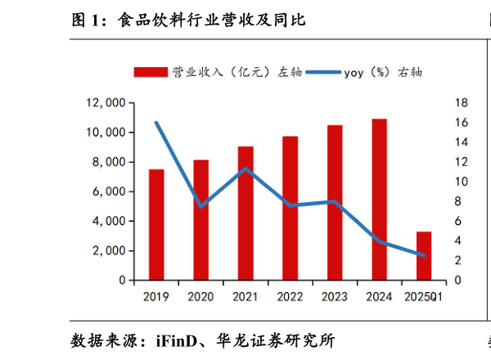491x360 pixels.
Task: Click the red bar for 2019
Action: (155, 224)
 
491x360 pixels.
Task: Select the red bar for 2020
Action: (200, 219)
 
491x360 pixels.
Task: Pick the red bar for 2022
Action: (290, 208)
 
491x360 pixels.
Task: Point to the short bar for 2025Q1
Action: (424, 255)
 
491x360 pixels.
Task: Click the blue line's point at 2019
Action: (155, 123)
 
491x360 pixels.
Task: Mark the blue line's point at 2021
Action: (245, 169)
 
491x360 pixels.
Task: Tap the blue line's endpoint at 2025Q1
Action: (424, 255)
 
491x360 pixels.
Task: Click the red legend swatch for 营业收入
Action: (150, 72)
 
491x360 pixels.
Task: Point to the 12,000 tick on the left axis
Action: (106, 103)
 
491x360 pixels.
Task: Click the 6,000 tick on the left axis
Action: (109, 191)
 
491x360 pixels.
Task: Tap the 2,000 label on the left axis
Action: (109, 250)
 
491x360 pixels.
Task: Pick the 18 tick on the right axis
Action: (460, 103)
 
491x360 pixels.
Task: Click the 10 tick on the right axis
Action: (460, 182)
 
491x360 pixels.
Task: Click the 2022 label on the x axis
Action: (290, 296)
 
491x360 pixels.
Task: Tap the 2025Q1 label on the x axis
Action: (424, 296)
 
